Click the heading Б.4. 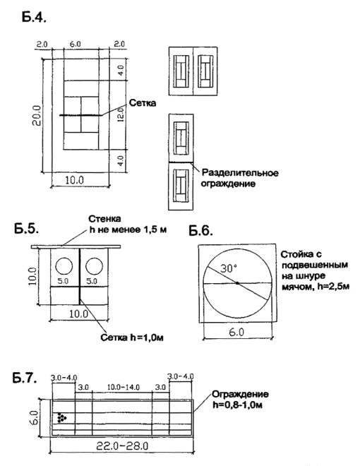(x=34, y=17)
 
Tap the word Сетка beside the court (x=143, y=103)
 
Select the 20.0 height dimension (x=36, y=115)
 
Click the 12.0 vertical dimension (x=120, y=115)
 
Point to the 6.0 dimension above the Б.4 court (x=75, y=44)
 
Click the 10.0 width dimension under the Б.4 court (x=74, y=180)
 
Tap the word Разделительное (x=240, y=173)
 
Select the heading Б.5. (x=26, y=229)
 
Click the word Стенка (x=104, y=219)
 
